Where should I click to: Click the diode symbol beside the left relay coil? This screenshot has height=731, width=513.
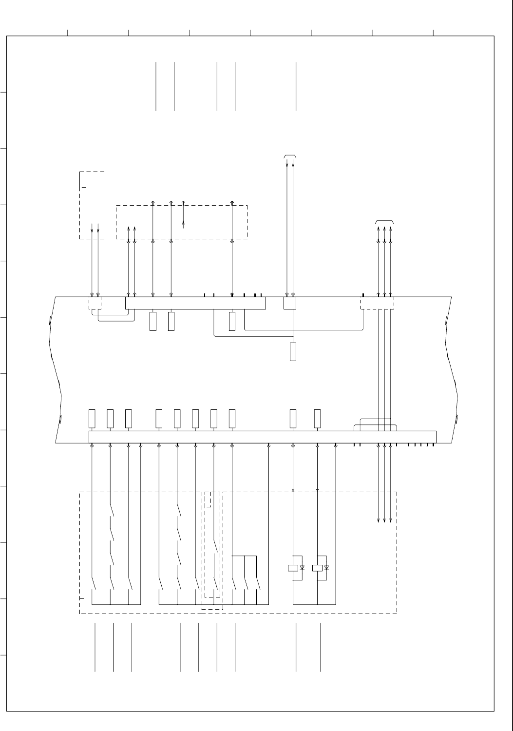point(302,568)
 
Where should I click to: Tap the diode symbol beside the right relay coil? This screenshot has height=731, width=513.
point(326,568)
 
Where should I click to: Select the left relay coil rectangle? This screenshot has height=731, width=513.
point(293,568)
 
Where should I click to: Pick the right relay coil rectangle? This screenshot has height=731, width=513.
point(317,568)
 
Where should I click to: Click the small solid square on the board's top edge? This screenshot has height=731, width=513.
point(290,303)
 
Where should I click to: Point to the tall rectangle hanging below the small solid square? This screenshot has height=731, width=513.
point(293,351)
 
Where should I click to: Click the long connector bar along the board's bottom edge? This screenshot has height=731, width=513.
point(262,437)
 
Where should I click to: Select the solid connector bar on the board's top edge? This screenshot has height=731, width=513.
point(195,303)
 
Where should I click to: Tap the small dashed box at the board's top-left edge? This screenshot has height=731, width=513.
point(95,303)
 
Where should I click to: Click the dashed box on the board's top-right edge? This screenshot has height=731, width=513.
point(377,303)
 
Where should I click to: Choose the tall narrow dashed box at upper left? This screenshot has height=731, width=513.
point(92,205)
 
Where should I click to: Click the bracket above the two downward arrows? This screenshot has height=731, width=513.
point(290,156)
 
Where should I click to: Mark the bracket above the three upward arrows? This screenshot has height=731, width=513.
point(384,222)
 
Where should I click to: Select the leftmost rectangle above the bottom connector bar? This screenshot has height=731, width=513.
point(92,418)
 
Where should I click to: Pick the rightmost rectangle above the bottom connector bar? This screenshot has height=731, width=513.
point(317,418)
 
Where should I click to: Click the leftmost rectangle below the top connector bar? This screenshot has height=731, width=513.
point(153,322)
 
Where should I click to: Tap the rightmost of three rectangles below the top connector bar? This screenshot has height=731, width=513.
point(232,322)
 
